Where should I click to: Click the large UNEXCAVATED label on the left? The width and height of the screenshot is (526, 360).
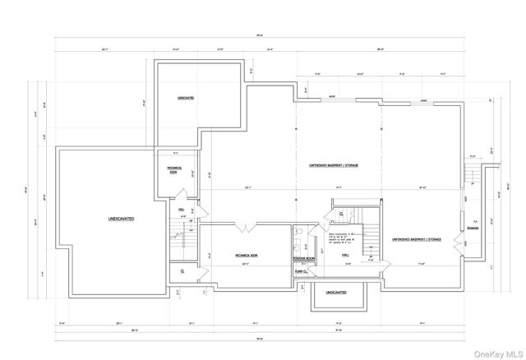point(120,219)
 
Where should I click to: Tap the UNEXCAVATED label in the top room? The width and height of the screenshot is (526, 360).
point(186,98)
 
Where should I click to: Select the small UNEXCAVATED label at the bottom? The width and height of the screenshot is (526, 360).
point(335,293)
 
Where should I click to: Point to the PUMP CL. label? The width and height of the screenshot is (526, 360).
point(300,270)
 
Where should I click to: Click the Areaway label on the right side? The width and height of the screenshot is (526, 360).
point(473,229)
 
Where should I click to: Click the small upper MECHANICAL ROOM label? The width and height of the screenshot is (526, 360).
point(173,170)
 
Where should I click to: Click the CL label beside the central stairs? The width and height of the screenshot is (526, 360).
point(341,214)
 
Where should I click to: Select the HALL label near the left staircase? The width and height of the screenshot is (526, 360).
point(181,209)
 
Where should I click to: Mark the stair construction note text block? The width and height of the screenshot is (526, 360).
point(342,239)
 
